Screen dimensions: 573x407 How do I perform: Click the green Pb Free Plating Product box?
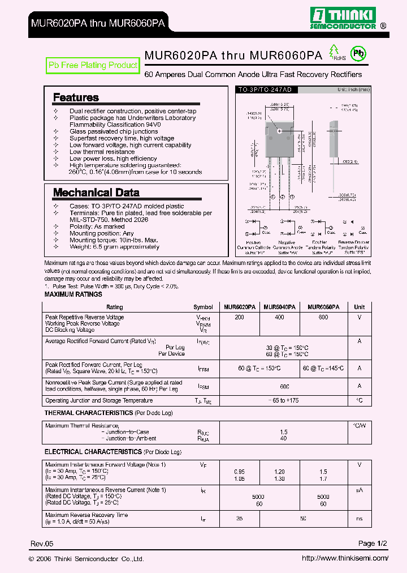coord(93,66)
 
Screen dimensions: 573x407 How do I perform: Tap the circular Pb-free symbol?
coord(358,54)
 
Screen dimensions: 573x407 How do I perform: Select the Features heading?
coord(76,97)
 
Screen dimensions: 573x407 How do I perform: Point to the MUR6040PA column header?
coord(279,306)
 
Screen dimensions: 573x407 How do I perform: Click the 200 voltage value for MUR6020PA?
coord(239,318)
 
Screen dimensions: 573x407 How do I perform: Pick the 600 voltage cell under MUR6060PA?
coord(323,318)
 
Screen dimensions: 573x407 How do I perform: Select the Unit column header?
coord(359,306)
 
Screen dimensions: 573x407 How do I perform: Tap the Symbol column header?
coord(203,306)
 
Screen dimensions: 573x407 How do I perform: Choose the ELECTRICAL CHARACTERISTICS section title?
coord(92,452)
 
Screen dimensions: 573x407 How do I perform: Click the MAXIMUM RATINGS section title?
coord(73,294)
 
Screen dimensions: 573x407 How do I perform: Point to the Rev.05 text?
coord(42,544)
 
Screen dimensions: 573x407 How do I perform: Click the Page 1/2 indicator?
coord(373,544)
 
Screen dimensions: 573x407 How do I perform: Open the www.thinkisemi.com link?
coord(345,558)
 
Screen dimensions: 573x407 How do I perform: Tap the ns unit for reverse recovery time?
coord(359,518)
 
